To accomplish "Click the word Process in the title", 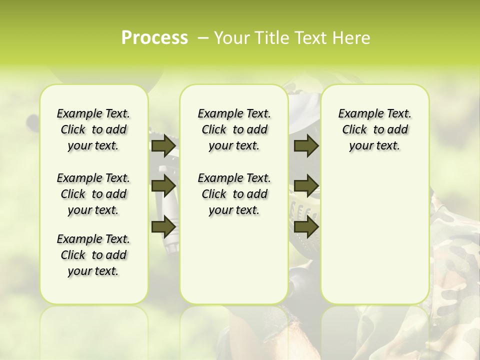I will tap(154, 38).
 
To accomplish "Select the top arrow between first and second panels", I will tap(163, 145).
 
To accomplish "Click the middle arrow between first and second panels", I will tap(163, 185).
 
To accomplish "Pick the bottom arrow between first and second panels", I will tap(163, 227).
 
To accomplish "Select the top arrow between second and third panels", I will tap(306, 145).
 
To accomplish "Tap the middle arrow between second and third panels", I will tap(306, 185).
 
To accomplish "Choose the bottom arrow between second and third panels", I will tap(306, 227).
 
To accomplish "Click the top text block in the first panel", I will tap(93, 129).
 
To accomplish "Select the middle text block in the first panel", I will tap(93, 194).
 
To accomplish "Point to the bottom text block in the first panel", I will tap(93, 255).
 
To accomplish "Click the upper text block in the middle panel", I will tap(234, 129).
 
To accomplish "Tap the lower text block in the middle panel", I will tap(234, 194).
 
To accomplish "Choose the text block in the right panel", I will tap(374, 129).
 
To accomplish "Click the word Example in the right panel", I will tap(356, 113).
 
